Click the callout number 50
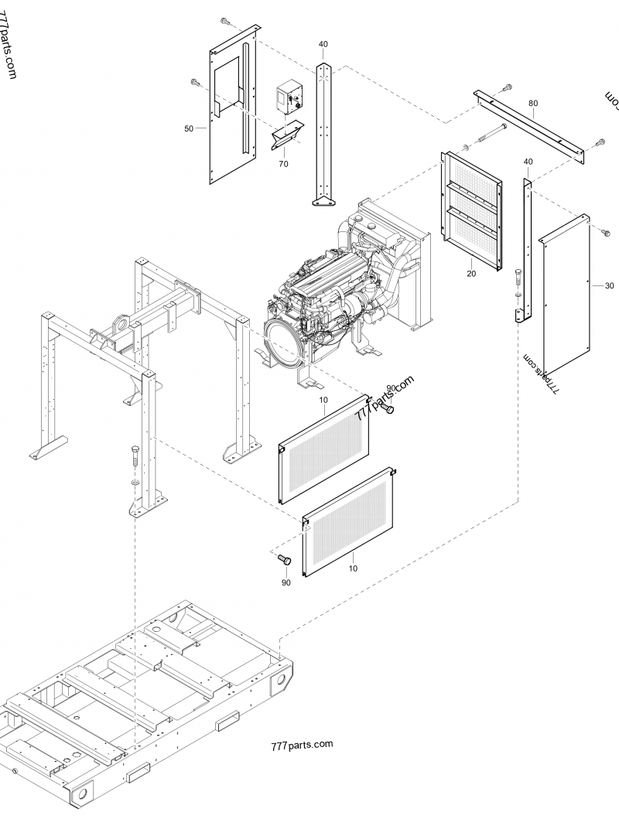(x=189, y=129)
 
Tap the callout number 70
(x=283, y=164)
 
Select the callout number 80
(x=532, y=103)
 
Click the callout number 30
(x=609, y=285)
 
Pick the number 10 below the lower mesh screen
(x=354, y=568)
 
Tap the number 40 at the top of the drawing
(x=323, y=44)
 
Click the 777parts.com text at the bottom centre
(x=302, y=745)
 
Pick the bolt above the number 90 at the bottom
(x=283, y=559)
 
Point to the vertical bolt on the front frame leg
(x=136, y=456)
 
